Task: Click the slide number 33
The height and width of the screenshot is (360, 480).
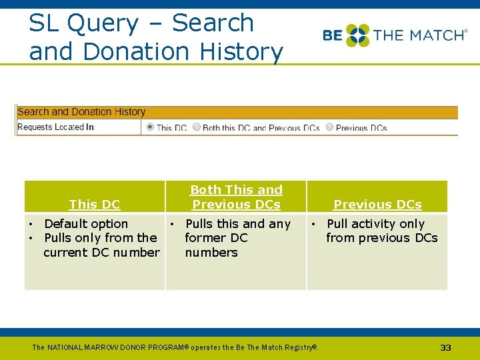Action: [446, 347]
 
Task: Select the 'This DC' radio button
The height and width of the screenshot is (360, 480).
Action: [150, 127]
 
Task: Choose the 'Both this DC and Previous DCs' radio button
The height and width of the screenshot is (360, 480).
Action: [197, 127]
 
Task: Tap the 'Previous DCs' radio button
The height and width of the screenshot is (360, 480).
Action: [330, 127]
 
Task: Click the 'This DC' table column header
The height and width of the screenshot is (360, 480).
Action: [94, 205]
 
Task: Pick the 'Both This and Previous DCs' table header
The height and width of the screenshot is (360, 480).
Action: [236, 197]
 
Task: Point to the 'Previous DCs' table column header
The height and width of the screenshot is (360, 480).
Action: [377, 205]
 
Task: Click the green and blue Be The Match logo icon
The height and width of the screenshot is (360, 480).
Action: [357, 35]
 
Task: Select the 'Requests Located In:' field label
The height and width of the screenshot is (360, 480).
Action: [56, 127]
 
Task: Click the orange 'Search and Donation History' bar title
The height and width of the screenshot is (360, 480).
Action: [81, 112]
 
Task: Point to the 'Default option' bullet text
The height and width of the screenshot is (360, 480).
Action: [86, 224]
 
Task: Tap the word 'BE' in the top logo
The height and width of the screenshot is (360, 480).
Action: [333, 35]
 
